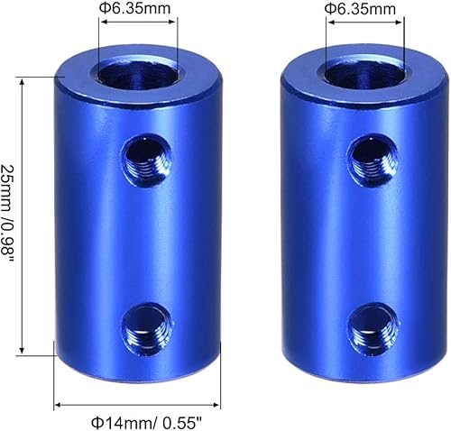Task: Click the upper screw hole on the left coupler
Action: tap(145, 153)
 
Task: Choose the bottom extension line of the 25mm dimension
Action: tap(36, 355)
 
